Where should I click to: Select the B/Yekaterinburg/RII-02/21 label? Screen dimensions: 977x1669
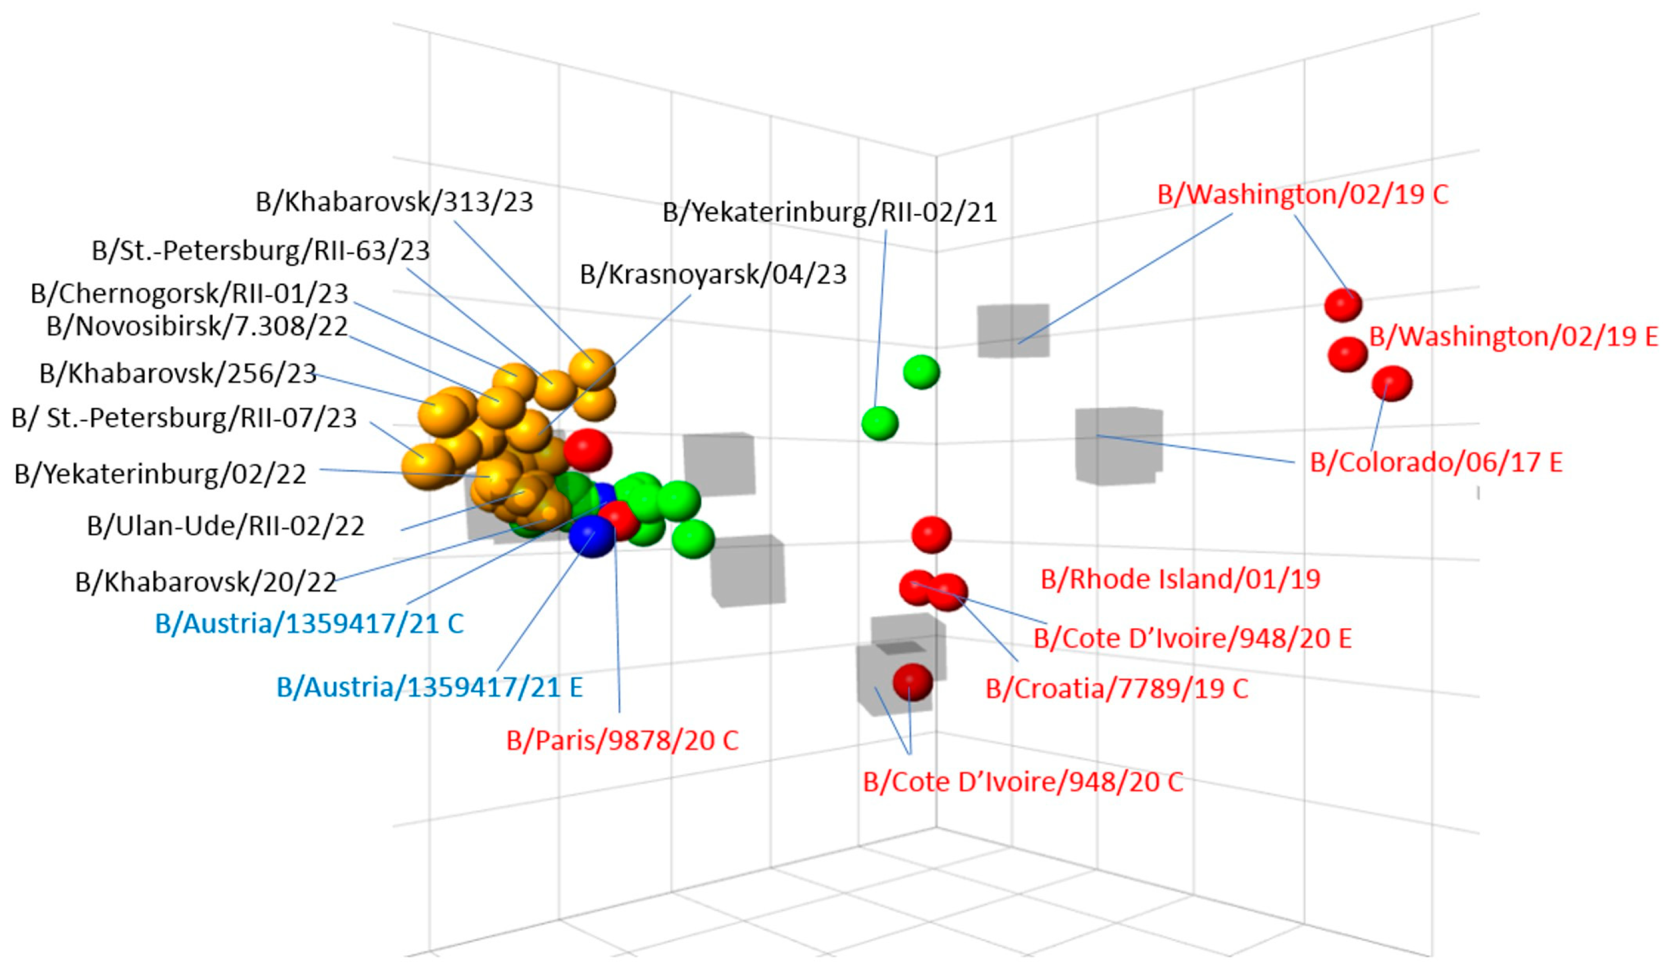click(829, 212)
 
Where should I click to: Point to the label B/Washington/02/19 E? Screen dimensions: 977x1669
click(1513, 337)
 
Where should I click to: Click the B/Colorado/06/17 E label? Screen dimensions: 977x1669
click(1436, 462)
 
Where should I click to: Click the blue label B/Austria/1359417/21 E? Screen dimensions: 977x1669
click(429, 688)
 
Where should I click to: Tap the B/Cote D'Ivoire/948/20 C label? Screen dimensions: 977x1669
click(1023, 782)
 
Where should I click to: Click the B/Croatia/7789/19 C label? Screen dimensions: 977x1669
click(1116, 689)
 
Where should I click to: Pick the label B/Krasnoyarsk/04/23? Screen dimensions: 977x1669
click(713, 274)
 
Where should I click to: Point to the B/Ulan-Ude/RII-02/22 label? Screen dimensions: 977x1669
click(225, 526)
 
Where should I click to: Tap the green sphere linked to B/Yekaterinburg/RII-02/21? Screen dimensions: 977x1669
click(879, 423)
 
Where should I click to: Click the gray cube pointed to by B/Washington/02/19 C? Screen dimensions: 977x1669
click(1013, 330)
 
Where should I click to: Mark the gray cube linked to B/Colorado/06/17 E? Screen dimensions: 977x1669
click(1118, 444)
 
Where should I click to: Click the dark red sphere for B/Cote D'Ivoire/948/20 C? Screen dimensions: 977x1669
click(912, 682)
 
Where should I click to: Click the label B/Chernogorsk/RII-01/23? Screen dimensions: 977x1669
click(189, 293)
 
